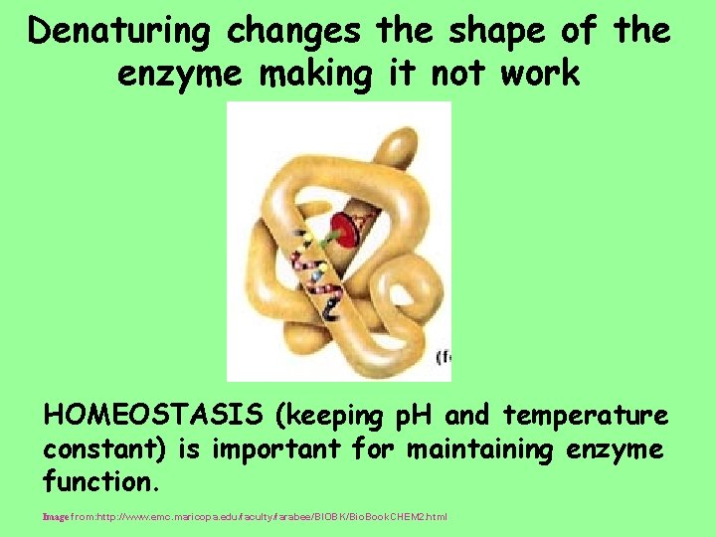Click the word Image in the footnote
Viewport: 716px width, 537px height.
coord(55,517)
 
